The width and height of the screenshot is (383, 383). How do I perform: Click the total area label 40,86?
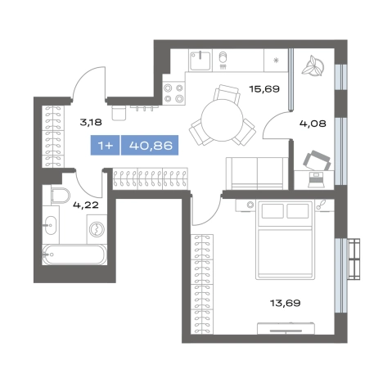pyautogui.click(x=151, y=145)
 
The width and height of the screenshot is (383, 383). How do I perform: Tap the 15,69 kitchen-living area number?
pyautogui.click(x=264, y=88)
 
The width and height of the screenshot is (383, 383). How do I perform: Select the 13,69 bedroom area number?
pyautogui.click(x=286, y=303)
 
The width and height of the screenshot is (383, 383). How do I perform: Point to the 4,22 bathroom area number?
pyautogui.click(x=86, y=205)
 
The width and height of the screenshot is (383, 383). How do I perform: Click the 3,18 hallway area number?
pyautogui.click(x=91, y=122)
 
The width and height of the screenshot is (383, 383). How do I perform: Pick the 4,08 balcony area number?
pyautogui.click(x=313, y=124)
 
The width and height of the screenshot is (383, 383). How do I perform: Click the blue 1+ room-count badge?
pyautogui.click(x=105, y=145)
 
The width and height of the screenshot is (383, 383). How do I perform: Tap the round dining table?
pyautogui.click(x=222, y=120)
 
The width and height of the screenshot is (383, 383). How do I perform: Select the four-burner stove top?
pyautogui.click(x=173, y=93)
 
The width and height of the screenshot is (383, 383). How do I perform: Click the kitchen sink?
pyautogui.click(x=201, y=61)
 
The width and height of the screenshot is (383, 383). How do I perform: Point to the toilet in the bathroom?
pyautogui.click(x=61, y=196)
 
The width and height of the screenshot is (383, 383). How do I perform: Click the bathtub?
pyautogui.click(x=74, y=255)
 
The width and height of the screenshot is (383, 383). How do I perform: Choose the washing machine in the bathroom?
pyautogui.click(x=97, y=229)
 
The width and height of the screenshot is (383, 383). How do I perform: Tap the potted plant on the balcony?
pyautogui.click(x=313, y=66)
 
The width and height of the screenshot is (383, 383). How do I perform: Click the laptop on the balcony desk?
pyautogui.click(x=316, y=180)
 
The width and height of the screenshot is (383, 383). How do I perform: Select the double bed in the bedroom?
pyautogui.click(x=285, y=240)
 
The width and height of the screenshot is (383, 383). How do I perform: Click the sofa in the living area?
pyautogui.click(x=257, y=173)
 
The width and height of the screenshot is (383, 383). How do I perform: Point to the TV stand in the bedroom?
pyautogui.click(x=286, y=328)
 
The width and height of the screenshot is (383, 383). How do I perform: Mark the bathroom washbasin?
pyautogui.click(x=51, y=225)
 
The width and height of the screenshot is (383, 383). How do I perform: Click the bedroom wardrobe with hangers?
pyautogui.click(x=202, y=284)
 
